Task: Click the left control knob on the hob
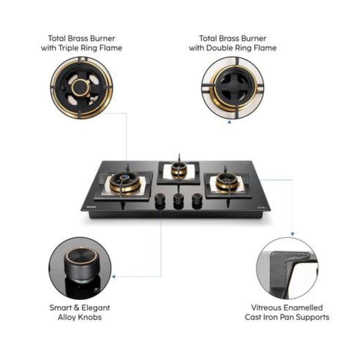pos(160,201)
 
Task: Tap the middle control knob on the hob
pos(178,201)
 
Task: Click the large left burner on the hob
pos(125,183)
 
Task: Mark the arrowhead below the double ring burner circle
pos(229,122)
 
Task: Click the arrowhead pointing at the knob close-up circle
pos(113,277)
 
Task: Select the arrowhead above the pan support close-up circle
pos(292,234)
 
